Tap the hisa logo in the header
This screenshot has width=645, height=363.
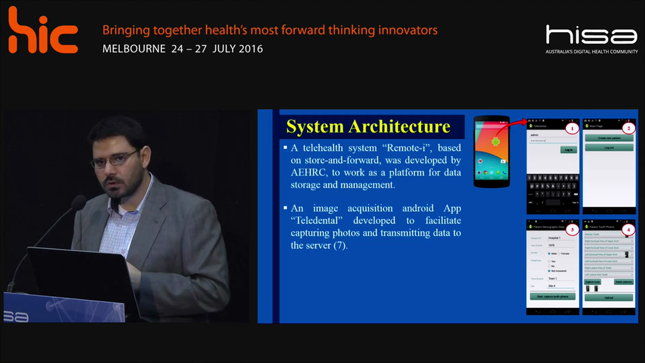(591, 36)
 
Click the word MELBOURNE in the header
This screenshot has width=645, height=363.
(134, 49)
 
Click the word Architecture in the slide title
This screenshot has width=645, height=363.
(401, 126)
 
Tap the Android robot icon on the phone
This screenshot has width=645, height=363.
(495, 142)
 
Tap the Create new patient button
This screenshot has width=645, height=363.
(609, 138)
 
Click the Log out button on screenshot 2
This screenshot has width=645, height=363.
(609, 148)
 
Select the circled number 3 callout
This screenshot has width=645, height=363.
(571, 230)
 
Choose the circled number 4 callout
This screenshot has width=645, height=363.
(627, 230)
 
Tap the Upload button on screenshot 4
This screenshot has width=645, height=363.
(609, 297)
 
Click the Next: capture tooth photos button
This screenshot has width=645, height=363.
(552, 296)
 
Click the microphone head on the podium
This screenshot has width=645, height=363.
(78, 203)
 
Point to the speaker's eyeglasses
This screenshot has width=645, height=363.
(113, 160)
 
